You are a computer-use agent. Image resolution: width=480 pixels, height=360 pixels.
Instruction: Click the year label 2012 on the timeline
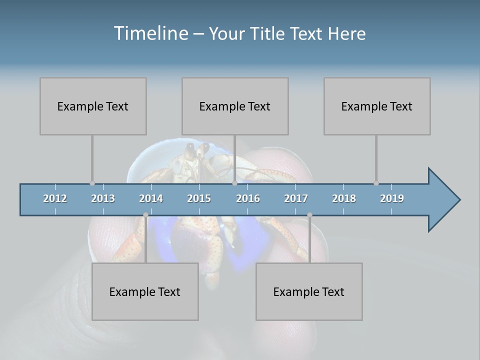click(x=55, y=198)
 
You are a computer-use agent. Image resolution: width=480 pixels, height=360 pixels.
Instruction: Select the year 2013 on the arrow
click(x=103, y=198)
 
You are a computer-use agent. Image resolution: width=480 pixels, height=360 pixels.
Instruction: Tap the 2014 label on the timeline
click(x=151, y=198)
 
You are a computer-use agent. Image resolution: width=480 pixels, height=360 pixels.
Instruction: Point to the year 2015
click(x=199, y=198)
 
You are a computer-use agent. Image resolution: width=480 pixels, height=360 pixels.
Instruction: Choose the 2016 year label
click(x=248, y=198)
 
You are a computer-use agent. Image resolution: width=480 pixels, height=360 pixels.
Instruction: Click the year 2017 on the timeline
click(x=296, y=198)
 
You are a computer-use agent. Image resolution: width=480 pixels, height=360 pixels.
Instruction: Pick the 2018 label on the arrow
click(x=344, y=198)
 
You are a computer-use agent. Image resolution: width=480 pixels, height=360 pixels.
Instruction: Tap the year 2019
click(x=392, y=198)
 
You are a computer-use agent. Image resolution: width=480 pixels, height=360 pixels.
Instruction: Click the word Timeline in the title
click(x=150, y=33)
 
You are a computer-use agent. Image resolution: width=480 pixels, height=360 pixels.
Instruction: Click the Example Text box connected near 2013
click(x=93, y=106)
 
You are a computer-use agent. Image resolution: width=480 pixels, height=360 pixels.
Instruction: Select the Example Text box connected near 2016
click(x=235, y=106)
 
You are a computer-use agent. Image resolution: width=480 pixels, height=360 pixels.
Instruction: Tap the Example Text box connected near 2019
click(x=377, y=106)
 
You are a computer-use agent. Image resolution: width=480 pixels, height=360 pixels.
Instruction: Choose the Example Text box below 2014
click(x=145, y=291)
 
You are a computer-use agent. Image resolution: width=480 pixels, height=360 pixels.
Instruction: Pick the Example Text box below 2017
click(x=309, y=291)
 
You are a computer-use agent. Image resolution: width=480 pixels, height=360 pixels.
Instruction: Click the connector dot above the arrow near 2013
click(x=92, y=183)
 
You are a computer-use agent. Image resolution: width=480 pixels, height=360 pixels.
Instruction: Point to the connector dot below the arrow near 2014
click(x=145, y=215)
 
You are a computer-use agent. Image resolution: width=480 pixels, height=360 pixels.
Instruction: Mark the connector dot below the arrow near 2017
click(x=309, y=215)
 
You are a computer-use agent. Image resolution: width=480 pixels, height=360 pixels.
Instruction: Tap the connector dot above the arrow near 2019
click(x=376, y=183)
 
